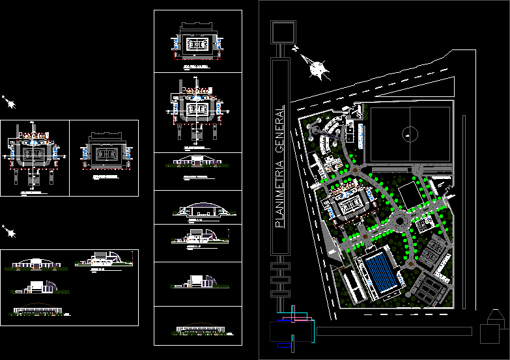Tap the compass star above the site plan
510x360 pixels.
pyautogui.click(x=317, y=68)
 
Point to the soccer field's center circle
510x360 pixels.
pyautogui.click(x=410, y=134)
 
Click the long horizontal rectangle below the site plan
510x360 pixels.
pyautogui.click(x=394, y=331)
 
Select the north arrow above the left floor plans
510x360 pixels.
pyautogui.click(x=9, y=102)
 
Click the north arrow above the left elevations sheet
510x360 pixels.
pyautogui.click(x=9, y=230)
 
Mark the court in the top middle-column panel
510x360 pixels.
pyautogui.click(x=197, y=45)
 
